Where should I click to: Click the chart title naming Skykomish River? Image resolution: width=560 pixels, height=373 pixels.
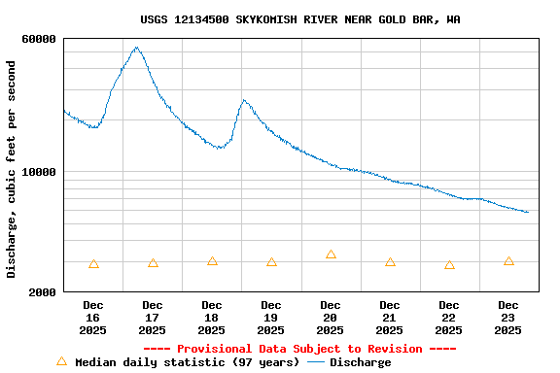[300, 19]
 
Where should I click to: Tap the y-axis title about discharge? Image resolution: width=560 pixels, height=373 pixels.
[12, 169]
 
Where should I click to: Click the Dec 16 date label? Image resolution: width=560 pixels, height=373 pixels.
[93, 318]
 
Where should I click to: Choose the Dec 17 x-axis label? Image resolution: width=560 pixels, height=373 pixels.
[153, 318]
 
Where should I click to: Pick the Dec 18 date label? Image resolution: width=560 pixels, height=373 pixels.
[212, 318]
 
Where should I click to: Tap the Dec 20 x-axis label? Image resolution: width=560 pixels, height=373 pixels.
[331, 318]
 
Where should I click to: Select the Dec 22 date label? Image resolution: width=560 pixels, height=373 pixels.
[449, 318]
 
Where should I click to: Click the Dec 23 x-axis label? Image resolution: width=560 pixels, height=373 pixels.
[508, 318]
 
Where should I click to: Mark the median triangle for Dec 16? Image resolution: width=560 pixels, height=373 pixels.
[93, 264]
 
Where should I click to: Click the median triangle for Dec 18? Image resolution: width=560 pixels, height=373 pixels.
[212, 261]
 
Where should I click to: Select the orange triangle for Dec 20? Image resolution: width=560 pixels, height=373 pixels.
[331, 254]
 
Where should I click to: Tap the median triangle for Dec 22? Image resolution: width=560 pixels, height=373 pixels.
[449, 265]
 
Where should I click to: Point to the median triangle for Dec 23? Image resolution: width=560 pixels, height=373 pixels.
[508, 261]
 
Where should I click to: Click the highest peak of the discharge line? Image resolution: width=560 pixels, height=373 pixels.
[136, 48]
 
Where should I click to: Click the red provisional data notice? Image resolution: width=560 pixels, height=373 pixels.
[299, 349]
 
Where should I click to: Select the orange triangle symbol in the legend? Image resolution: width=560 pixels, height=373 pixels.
[62, 361]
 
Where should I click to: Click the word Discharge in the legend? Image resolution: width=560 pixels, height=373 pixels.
[360, 362]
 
